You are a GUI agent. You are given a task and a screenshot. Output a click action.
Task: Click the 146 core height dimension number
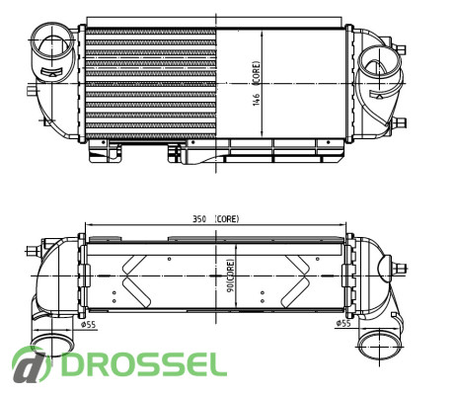pyautogui.click(x=257, y=100)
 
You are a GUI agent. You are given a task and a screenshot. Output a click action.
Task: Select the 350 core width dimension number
pyautogui.click(x=199, y=219)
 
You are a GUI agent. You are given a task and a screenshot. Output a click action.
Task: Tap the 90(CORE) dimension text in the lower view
pyautogui.click(x=231, y=276)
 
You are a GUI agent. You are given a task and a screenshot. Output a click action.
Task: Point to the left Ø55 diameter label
pyautogui.click(x=88, y=325)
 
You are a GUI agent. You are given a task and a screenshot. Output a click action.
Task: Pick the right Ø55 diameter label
pyautogui.click(x=343, y=323)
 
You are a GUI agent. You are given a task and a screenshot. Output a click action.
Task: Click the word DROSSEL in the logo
pyautogui.click(x=144, y=364)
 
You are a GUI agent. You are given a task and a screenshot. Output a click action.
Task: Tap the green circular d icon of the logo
pyautogui.click(x=32, y=364)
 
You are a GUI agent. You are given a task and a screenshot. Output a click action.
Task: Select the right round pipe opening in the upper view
pyautogui.click(x=379, y=65)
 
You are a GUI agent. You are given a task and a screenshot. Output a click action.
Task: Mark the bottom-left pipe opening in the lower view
pyautogui.click(x=52, y=346)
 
